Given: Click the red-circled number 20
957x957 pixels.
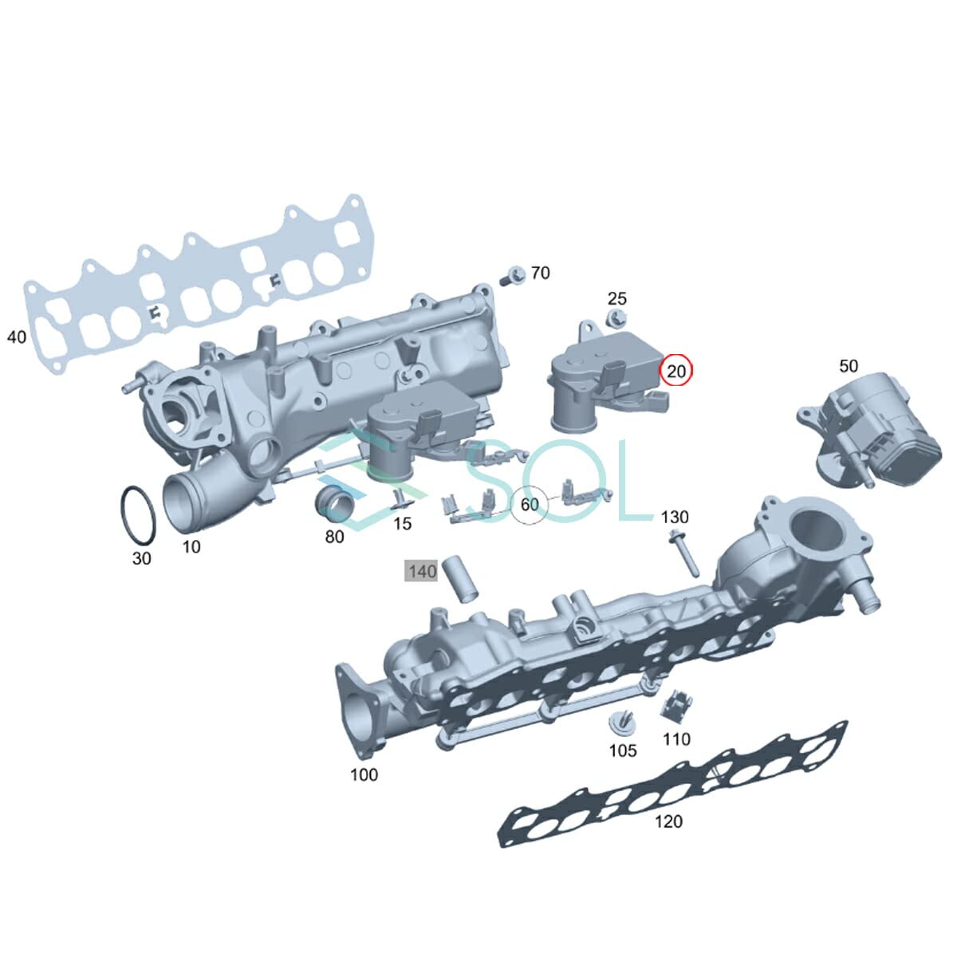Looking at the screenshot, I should (676, 370).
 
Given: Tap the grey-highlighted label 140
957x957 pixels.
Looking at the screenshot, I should (422, 571).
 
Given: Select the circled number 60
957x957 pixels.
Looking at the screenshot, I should (530, 505).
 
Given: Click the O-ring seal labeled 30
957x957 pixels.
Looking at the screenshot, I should (136, 514).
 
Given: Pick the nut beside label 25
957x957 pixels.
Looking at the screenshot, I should (616, 320).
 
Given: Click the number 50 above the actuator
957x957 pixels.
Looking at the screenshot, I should (849, 366).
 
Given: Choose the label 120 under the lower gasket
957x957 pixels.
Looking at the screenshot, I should (668, 821).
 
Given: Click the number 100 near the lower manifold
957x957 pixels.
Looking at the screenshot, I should (364, 774).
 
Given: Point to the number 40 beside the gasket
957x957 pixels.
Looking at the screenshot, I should (17, 337).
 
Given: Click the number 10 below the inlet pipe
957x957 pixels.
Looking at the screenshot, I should (191, 546).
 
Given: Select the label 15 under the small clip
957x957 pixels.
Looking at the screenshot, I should (403, 523).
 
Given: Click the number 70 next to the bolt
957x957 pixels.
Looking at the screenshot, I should (540, 274).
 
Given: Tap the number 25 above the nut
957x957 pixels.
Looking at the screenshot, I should (617, 298).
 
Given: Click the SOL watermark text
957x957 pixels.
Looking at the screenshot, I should (558, 478).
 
